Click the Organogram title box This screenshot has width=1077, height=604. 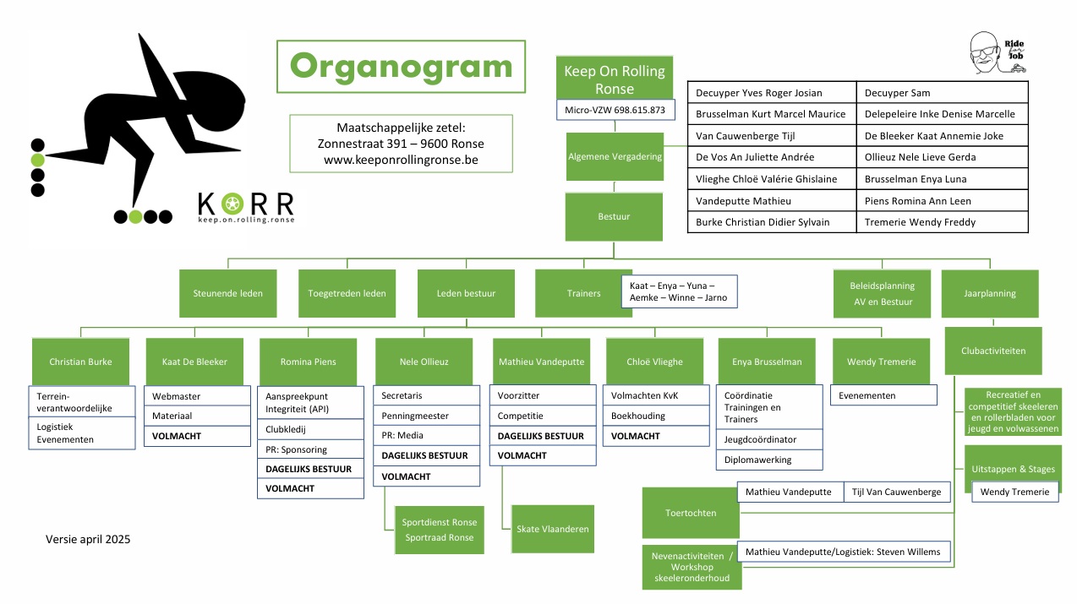click(x=401, y=66)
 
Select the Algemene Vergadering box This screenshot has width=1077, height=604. click(x=615, y=156)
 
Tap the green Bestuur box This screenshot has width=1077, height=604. click(x=615, y=216)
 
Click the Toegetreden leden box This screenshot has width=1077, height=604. click(x=347, y=293)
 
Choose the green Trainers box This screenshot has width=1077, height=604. click(x=583, y=293)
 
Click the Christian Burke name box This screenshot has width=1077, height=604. click(x=80, y=362)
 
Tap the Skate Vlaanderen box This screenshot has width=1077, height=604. click(x=552, y=529)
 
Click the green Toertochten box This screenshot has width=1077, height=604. click(x=690, y=513)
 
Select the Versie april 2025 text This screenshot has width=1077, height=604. click(x=88, y=539)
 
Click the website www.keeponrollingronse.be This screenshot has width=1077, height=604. click(x=400, y=160)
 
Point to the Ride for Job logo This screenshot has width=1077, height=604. click(x=998, y=54)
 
